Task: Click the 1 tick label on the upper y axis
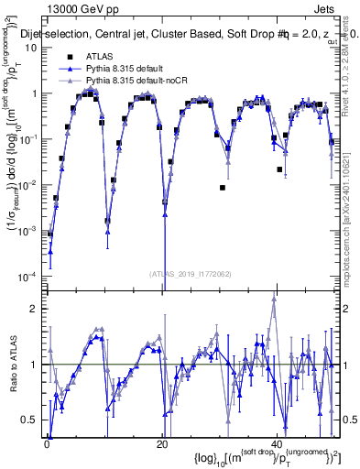point(36,93)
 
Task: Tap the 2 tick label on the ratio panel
point(36,309)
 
